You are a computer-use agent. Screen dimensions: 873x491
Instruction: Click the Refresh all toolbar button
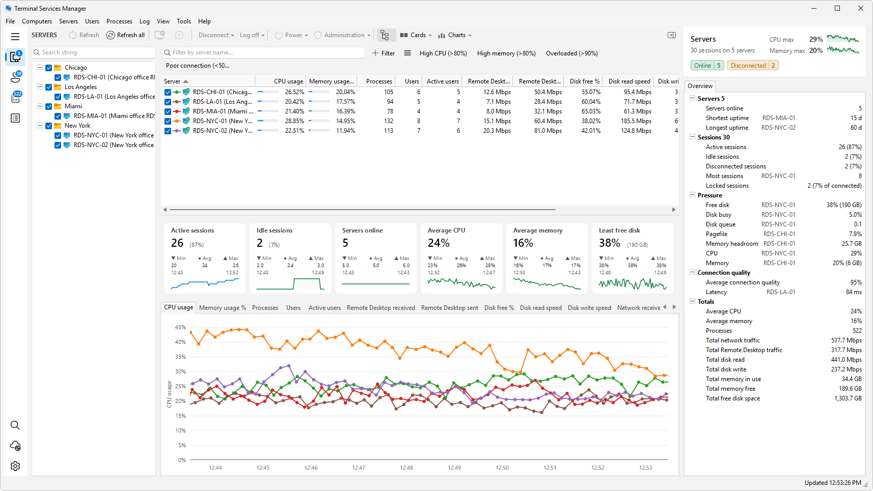pyautogui.click(x=125, y=35)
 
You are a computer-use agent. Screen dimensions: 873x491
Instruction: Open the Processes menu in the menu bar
pyautogui.click(x=119, y=21)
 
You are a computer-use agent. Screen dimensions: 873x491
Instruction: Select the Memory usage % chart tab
pyautogui.click(x=223, y=308)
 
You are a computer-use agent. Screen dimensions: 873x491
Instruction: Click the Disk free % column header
pyautogui.click(x=584, y=81)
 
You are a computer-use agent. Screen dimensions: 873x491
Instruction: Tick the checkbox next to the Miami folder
pyautogui.click(x=49, y=106)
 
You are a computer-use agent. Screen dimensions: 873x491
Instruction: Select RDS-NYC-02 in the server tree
pyautogui.click(x=114, y=145)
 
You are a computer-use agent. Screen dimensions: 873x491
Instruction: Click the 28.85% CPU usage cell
pyautogui.click(x=294, y=121)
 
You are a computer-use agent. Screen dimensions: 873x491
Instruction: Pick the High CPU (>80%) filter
pyautogui.click(x=443, y=53)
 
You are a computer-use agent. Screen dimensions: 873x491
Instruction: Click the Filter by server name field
pyautogui.click(x=264, y=52)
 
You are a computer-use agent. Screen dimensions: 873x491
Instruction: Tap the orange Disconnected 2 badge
pyautogui.click(x=753, y=66)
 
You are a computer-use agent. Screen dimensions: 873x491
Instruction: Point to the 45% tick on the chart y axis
pyautogui.click(x=180, y=328)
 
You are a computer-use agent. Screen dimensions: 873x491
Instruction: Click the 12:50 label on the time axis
pyautogui.click(x=502, y=468)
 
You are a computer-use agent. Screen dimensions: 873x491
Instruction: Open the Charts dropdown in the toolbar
pyautogui.click(x=454, y=35)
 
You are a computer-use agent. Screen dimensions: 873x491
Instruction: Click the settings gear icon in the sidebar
pyautogui.click(x=15, y=466)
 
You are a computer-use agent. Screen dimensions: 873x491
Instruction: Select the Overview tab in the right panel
pyautogui.click(x=700, y=86)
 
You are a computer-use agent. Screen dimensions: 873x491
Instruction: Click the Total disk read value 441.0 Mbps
pyautogui.click(x=845, y=360)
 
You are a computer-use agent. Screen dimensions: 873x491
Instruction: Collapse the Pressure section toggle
pyautogui.click(x=693, y=195)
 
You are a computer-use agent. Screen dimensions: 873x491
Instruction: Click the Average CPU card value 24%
pyautogui.click(x=439, y=243)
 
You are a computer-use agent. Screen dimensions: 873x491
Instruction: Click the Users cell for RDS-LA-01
pyautogui.click(x=419, y=102)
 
